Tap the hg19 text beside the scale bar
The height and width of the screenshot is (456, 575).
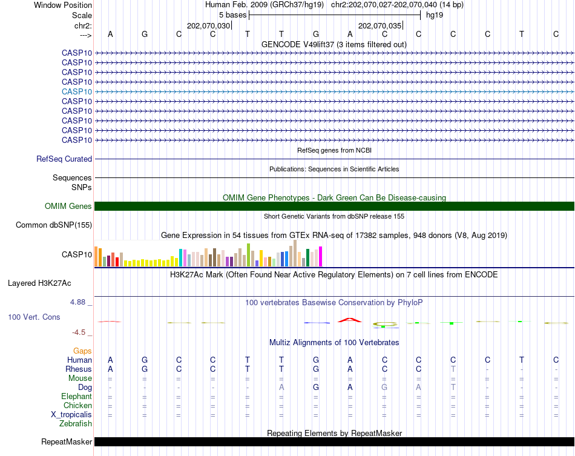coord(435,15)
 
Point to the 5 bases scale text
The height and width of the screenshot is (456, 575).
coord(232,15)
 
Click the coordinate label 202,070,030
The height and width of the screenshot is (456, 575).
coord(209,25)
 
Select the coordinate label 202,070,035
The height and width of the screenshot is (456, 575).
coord(379,25)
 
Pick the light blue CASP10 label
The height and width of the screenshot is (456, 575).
coord(77,91)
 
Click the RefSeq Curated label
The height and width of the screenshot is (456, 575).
coord(64,159)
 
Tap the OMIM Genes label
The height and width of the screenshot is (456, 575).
coord(68,206)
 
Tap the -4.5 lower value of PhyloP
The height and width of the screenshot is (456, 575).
coord(82,332)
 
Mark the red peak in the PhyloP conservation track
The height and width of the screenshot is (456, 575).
coord(350,319)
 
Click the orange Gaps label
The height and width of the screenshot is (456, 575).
coord(82,351)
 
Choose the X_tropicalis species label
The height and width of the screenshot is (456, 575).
coord(71,414)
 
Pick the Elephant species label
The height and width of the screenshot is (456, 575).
coord(76,396)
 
